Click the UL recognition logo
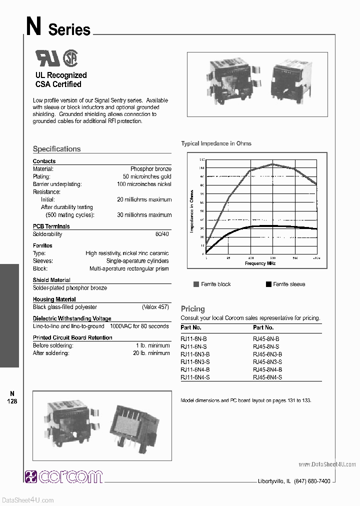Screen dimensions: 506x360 point(47,58)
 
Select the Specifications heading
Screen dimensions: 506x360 point(56,149)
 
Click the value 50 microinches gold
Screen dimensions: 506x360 point(147,177)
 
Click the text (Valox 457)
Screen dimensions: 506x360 point(156,307)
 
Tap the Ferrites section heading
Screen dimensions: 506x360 point(42,245)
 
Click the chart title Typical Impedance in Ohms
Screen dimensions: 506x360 point(216,143)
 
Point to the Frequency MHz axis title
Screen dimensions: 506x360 point(260,263)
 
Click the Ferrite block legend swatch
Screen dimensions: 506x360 point(196,284)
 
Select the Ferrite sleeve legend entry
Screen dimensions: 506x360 point(285,284)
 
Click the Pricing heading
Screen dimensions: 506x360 point(192,309)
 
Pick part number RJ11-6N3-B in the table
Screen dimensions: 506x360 point(195,354)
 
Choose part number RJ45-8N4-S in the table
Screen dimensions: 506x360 point(267,377)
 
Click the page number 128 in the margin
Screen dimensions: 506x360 point(12,401)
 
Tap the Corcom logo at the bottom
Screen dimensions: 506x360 point(63,476)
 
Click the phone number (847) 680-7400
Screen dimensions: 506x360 point(312,481)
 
